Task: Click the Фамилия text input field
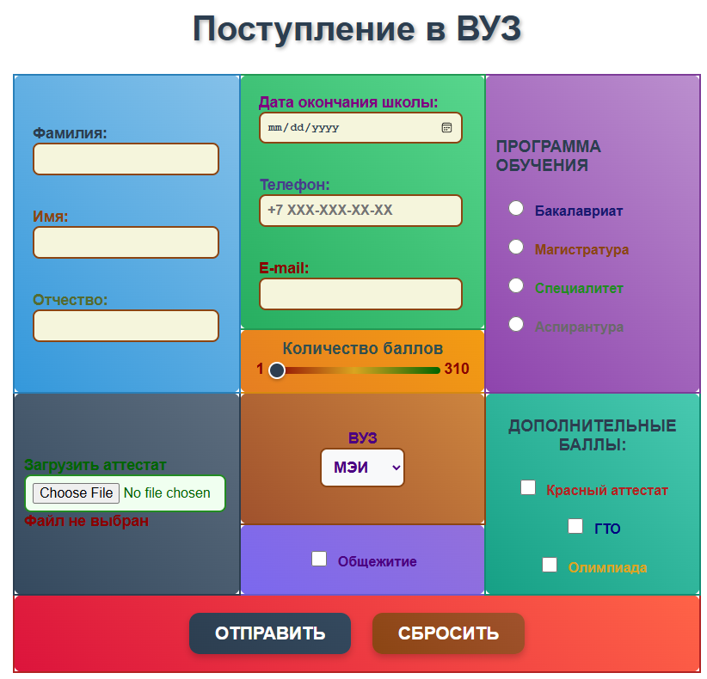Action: click(x=126, y=159)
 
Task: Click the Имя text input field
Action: click(x=126, y=242)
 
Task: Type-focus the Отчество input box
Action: click(x=126, y=326)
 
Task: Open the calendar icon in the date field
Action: click(x=446, y=127)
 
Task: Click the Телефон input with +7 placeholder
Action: click(x=360, y=211)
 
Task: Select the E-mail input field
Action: click(x=360, y=294)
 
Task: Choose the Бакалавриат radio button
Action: click(x=516, y=208)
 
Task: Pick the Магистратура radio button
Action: click(x=516, y=247)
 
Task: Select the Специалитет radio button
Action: click(x=516, y=285)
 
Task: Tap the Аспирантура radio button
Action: click(x=516, y=324)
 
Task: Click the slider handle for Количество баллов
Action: click(x=276, y=370)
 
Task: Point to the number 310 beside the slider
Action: click(x=457, y=370)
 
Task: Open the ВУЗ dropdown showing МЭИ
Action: click(x=362, y=468)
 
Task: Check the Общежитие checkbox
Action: click(x=319, y=559)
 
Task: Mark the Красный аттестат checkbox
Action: click(x=528, y=487)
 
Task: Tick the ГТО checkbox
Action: click(x=575, y=526)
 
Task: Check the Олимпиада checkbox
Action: click(x=550, y=565)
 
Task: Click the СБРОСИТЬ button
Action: click(x=448, y=633)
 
